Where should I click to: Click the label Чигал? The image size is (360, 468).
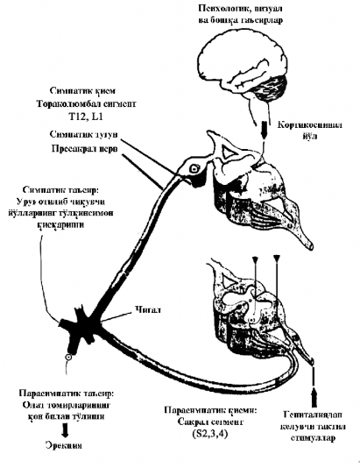click(x=148, y=308)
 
